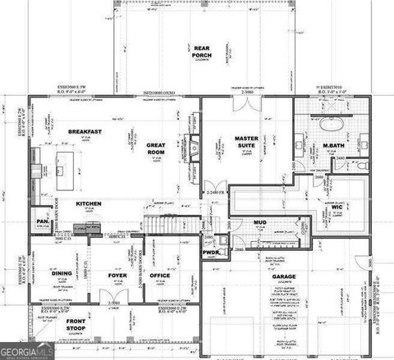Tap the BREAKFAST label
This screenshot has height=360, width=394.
(x=85, y=131)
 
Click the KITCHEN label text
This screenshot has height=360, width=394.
(x=89, y=203)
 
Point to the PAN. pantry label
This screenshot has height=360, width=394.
(x=42, y=221)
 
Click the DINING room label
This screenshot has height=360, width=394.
(x=62, y=274)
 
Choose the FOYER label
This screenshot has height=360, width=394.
(x=117, y=275)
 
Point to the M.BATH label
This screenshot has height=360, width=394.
(x=332, y=147)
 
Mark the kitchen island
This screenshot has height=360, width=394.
(x=61, y=160)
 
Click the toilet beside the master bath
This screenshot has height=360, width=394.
(x=361, y=165)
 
